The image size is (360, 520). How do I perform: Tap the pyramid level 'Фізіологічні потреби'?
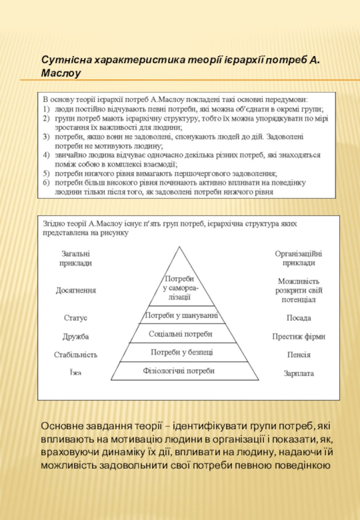coord(179,371)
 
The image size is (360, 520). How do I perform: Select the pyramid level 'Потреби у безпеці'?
coord(182,352)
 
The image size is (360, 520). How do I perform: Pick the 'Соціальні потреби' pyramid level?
coord(180,334)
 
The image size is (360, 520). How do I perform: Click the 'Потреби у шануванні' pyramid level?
coord(181,316)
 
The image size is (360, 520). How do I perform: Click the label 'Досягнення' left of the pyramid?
coord(76,291)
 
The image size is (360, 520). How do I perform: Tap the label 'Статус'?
coord(76,318)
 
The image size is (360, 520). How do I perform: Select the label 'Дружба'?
coord(76,336)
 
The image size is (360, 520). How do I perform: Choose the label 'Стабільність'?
coord(76,355)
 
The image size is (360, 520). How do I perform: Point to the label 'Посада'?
coord(299,318)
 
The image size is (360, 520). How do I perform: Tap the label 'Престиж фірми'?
coord(299,336)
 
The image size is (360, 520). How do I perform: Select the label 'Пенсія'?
coord(299,355)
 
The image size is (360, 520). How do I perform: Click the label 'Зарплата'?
coord(299,373)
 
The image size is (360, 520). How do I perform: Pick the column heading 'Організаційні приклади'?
coord(299,258)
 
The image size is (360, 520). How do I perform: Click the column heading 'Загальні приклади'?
coord(76,258)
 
